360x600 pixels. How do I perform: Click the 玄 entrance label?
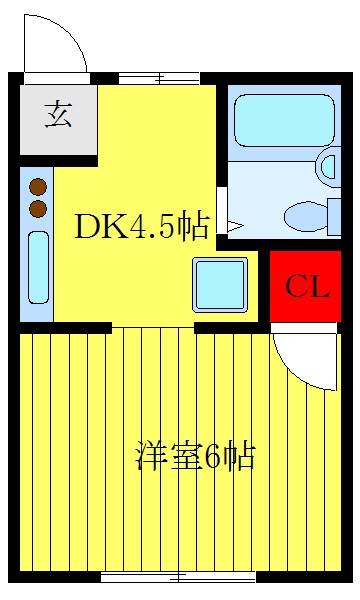click(58, 114)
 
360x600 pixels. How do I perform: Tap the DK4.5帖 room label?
click(142, 227)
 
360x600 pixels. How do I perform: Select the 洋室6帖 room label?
click(195, 456)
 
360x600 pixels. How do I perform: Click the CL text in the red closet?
click(307, 286)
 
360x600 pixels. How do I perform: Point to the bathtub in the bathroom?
click(284, 121)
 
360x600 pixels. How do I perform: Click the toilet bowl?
click(305, 217)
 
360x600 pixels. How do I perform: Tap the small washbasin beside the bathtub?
click(329, 167)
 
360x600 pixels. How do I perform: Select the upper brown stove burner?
click(38, 187)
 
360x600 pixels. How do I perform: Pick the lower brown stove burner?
click(38, 209)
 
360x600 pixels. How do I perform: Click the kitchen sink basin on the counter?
click(39, 267)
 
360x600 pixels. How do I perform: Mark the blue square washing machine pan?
click(220, 284)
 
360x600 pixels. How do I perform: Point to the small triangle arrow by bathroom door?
click(236, 227)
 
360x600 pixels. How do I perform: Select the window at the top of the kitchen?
click(159, 79)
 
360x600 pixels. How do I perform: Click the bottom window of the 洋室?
click(179, 577)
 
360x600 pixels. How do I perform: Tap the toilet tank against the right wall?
click(334, 217)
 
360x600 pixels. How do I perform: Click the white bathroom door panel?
click(221, 210)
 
